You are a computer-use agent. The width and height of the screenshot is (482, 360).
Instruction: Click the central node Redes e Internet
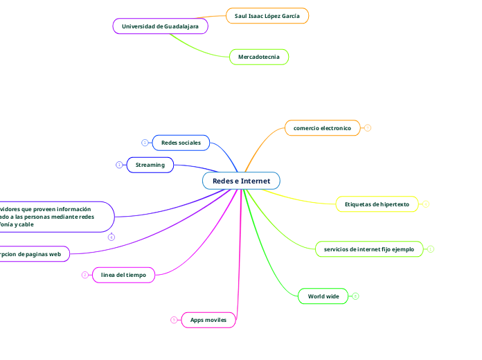241,181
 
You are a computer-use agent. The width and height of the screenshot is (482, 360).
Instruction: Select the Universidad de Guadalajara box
160,26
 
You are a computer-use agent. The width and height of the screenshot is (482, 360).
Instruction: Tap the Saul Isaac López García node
267,15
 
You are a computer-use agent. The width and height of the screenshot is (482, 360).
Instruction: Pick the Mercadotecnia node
258,57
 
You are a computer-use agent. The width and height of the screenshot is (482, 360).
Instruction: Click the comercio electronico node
322,128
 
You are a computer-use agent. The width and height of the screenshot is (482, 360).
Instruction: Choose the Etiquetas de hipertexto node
377,204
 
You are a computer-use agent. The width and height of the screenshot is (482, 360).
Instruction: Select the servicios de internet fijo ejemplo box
368,249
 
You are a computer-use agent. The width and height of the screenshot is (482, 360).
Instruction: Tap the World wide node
323,296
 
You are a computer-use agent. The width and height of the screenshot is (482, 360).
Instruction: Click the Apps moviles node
208,320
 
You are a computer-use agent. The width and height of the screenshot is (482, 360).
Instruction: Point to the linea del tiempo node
123,275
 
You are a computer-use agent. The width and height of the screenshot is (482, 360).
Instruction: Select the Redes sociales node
181,143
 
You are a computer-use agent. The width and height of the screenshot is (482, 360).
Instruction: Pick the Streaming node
150,165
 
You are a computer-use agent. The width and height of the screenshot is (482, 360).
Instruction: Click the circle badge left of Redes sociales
145,143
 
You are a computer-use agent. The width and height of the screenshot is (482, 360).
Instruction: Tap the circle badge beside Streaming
119,165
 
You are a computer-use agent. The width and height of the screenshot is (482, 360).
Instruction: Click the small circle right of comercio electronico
368,128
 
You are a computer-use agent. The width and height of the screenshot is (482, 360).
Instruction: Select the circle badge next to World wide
355,296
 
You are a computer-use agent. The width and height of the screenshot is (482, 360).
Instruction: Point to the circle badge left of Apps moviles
174,320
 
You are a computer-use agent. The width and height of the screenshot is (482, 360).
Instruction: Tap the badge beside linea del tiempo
85,275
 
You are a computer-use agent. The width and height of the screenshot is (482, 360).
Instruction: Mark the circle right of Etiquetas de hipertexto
426,204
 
